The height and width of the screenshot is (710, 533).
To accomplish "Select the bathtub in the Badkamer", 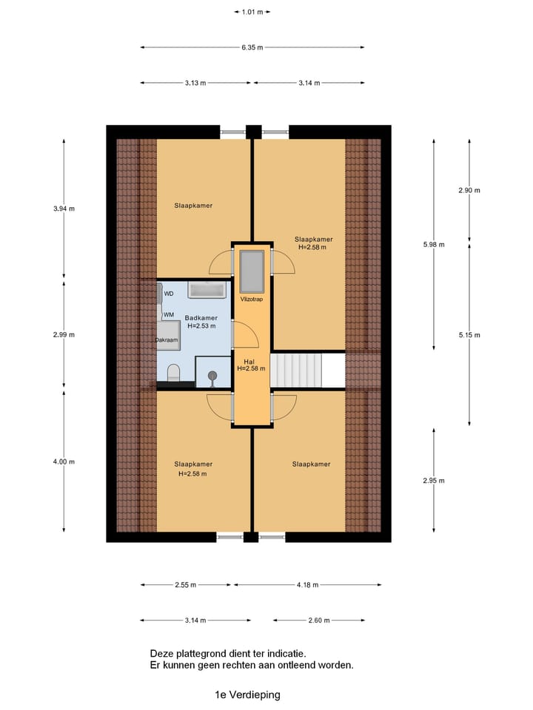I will (x=209, y=289).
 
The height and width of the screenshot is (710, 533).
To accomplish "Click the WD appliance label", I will (x=169, y=294).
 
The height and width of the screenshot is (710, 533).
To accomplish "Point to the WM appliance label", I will (x=169, y=315).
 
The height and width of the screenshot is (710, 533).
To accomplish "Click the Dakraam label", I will (x=167, y=340).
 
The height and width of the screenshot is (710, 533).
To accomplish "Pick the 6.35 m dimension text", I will (x=252, y=47).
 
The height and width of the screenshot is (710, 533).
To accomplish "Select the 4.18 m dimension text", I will (x=306, y=585).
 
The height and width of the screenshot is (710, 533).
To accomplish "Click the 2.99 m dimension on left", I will (x=64, y=334).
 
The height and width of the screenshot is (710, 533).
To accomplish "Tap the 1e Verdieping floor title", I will (x=247, y=694).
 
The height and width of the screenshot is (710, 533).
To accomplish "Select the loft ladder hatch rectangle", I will (x=251, y=271).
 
